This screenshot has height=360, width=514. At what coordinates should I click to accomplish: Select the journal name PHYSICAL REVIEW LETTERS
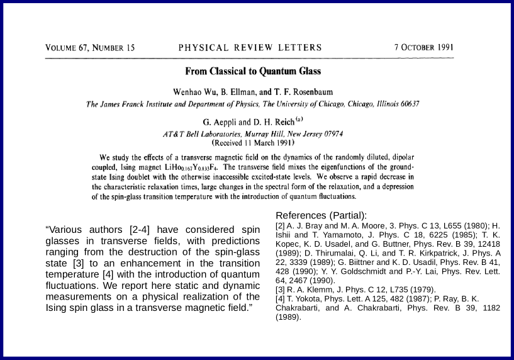pyautogui.click(x=250, y=48)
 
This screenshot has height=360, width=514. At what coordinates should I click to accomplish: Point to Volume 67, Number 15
pyautogui.click(x=90, y=48)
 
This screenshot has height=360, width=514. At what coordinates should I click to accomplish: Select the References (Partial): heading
pyautogui.click(x=321, y=215)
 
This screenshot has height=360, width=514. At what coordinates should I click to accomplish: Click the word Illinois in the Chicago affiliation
pyautogui.click(x=384, y=104)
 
